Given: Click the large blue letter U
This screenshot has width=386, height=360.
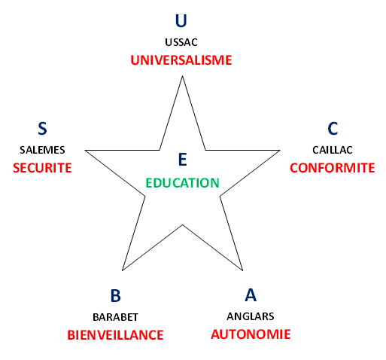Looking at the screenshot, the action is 181,20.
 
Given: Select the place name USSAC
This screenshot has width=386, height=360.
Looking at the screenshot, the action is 181,42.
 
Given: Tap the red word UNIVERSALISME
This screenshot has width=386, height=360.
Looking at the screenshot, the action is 181,60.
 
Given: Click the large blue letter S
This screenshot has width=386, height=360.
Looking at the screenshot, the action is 42,129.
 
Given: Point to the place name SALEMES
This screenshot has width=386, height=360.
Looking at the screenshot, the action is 42,150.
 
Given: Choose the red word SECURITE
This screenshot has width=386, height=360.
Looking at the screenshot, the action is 42,168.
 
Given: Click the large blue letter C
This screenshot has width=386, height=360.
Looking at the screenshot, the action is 333,129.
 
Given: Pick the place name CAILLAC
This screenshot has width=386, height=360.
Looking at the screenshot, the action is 333,150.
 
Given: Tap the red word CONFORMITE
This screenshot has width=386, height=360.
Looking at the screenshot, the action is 333,168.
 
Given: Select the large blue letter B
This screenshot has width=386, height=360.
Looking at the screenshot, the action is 116,295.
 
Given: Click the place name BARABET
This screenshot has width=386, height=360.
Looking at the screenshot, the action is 115,317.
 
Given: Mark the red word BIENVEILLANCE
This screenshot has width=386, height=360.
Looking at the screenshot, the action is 115,335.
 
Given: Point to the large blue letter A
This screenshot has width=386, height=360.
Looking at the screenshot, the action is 251,294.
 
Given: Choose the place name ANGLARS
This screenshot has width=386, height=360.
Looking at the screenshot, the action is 251,316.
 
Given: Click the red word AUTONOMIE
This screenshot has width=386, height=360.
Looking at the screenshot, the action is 251,334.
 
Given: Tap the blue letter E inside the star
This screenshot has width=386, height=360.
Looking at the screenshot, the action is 183,159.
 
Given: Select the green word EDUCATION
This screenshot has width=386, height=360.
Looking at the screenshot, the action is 183,183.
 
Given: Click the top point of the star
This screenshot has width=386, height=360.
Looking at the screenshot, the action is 182,76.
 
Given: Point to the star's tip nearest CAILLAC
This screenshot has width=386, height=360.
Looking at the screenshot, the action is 280,151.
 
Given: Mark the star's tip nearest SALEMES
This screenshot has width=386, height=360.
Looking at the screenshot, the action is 85,151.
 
